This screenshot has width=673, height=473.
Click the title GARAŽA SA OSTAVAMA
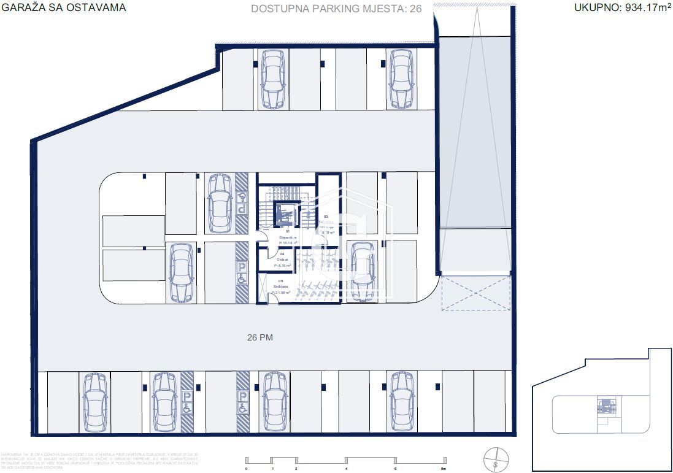pyautogui.click(x=64, y=8)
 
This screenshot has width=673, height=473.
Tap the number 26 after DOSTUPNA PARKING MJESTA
pyautogui.click(x=415, y=9)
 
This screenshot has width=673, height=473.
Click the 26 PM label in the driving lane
pyautogui.click(x=260, y=337)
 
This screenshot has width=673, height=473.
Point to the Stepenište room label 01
pyautogui.click(x=287, y=234)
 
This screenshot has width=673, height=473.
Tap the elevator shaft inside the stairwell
pyautogui.click(x=284, y=214)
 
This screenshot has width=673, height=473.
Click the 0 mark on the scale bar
pyautogui.click(x=246, y=469)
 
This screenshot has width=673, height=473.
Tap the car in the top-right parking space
pyautogui.click(x=401, y=79)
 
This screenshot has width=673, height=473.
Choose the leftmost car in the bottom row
pyautogui.click(x=95, y=402)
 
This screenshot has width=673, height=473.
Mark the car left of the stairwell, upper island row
pyautogui.click(x=219, y=203)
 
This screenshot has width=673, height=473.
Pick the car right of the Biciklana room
pyautogui.click(x=362, y=271)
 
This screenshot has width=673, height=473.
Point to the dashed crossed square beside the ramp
pyautogui.click(x=475, y=293)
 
